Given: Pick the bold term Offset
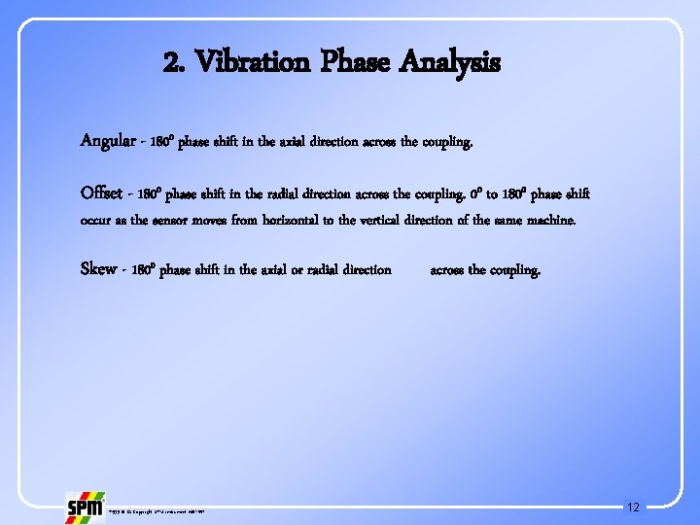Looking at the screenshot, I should (102, 193).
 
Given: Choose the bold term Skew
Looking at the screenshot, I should (98, 269).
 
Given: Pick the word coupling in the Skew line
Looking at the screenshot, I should (512, 269).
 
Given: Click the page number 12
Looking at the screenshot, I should (634, 507).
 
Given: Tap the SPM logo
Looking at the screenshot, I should (85, 507).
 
